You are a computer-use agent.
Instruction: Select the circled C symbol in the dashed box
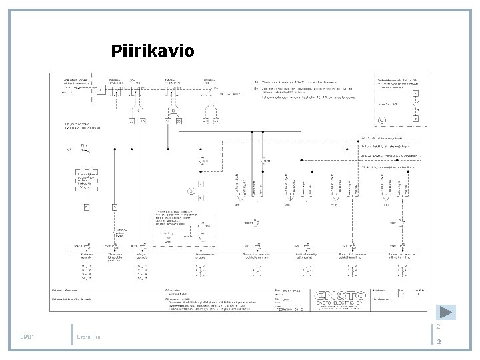(x=382, y=120)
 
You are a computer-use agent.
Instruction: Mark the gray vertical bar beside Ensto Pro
(x=71, y=334)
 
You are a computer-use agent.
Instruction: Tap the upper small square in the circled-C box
(x=415, y=94)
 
